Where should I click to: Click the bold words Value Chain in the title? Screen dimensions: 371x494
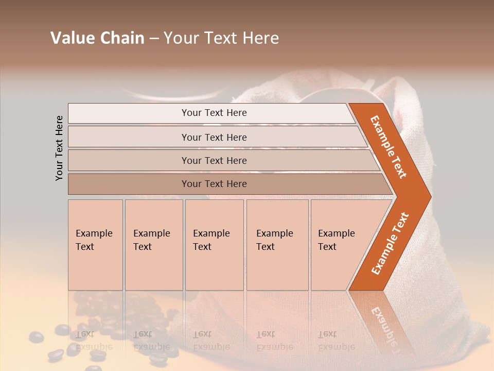97,38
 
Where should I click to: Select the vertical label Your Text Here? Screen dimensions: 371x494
59,148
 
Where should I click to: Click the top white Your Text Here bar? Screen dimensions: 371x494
214,113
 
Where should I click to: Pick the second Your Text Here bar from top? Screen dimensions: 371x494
214,137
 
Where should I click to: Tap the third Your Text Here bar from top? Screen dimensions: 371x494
214,160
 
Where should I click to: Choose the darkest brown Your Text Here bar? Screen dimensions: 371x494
214,184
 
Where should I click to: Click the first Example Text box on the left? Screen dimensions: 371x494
95,245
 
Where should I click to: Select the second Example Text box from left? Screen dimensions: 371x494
153,245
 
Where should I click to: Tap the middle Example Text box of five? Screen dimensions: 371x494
214,245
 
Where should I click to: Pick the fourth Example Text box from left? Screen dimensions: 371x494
277,245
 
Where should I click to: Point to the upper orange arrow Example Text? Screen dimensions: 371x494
389,147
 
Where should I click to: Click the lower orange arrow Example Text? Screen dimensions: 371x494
390,243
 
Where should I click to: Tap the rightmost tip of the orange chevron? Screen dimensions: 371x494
430,197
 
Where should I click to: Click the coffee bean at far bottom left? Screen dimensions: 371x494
36,337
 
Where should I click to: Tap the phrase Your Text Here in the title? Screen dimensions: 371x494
221,38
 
